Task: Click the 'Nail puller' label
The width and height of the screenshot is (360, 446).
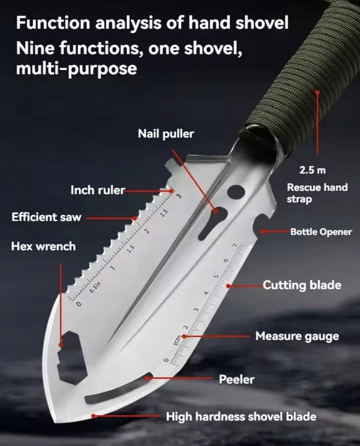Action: tap(166, 134)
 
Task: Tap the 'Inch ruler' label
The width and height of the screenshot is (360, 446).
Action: tap(98, 190)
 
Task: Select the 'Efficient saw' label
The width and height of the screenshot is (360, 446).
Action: tap(46, 217)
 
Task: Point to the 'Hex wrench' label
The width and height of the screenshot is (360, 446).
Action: tap(43, 247)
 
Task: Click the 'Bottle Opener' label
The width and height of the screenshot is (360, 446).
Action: tap(321, 232)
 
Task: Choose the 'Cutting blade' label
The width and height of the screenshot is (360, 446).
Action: tap(302, 285)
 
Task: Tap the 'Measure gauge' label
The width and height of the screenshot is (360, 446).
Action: tap(297, 336)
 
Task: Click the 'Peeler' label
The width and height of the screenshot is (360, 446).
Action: tap(237, 380)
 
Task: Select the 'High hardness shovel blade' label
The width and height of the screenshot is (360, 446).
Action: tap(241, 417)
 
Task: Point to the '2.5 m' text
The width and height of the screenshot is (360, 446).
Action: tap(312, 170)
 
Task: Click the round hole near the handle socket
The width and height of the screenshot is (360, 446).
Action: tap(236, 192)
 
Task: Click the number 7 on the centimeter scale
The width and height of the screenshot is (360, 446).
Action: tap(235, 245)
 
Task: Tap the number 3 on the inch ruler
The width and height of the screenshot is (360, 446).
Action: tap(178, 196)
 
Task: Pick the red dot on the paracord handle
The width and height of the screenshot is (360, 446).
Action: tap(318, 92)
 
